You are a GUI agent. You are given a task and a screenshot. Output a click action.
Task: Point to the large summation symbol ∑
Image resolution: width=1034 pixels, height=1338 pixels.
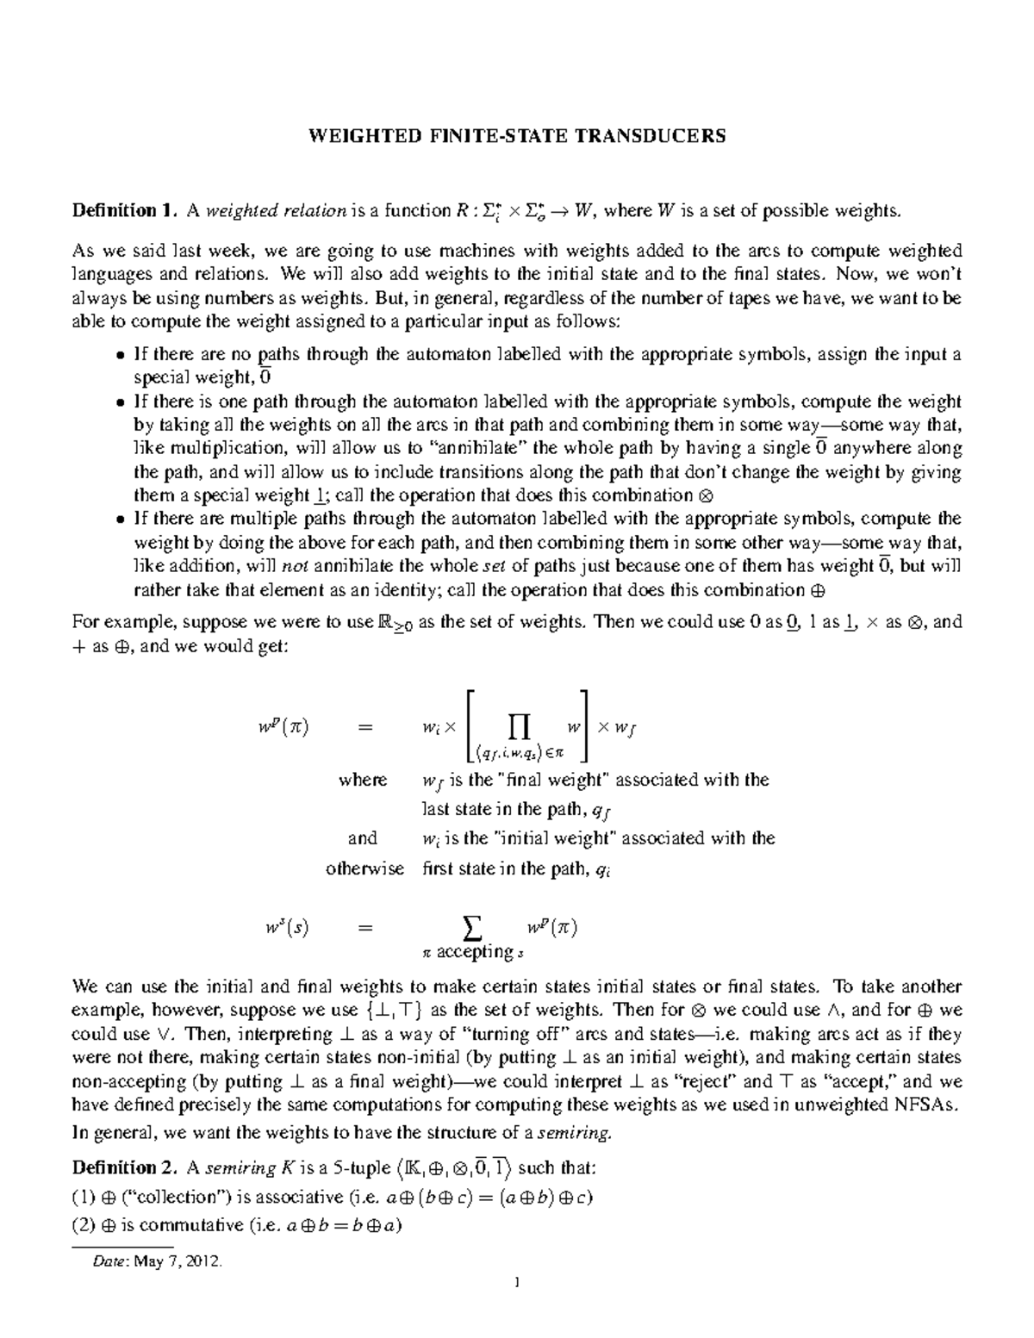click(471, 929)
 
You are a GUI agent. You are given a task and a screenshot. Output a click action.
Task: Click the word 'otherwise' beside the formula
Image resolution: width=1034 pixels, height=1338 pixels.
click(364, 868)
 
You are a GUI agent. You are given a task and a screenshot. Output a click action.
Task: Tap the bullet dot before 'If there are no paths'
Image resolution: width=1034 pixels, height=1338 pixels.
click(120, 356)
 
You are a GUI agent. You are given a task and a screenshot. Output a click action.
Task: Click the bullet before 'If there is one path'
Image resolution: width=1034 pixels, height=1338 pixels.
click(120, 402)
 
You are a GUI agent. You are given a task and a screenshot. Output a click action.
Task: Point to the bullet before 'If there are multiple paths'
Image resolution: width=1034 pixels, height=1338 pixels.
click(120, 520)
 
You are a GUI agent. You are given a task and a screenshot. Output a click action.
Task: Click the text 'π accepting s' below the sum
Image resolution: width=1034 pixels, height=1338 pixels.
click(472, 953)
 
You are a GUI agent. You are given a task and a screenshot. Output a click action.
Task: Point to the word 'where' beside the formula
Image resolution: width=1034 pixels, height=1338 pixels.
click(363, 780)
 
